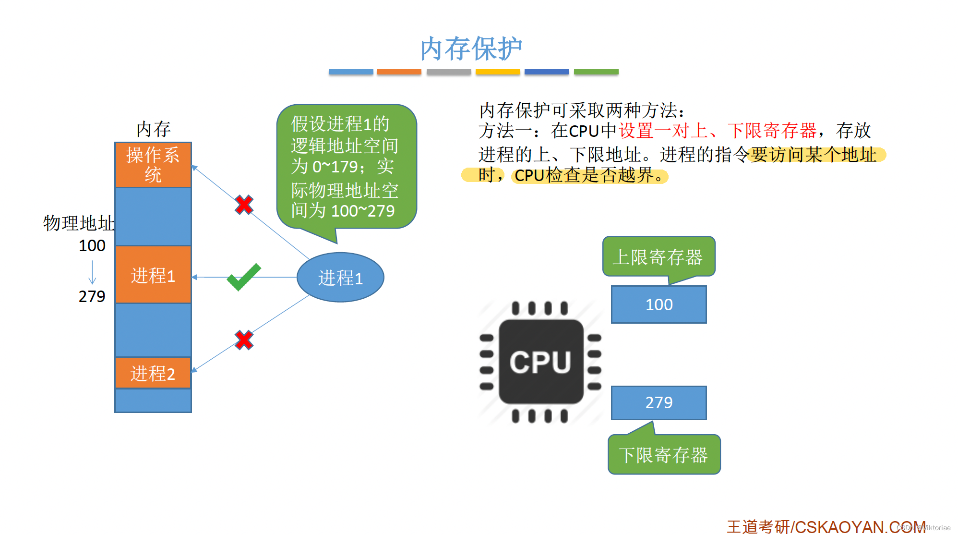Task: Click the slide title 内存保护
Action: tap(471, 49)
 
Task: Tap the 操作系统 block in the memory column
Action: tap(153, 165)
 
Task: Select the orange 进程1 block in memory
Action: tap(153, 275)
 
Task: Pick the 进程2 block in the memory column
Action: tap(153, 373)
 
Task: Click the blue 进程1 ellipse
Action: tap(340, 278)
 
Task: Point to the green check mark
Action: tap(244, 277)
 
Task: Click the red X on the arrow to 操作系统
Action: tap(244, 205)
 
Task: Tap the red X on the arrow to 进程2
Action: tap(244, 340)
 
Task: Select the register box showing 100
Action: tap(659, 304)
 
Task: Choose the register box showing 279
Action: tap(659, 402)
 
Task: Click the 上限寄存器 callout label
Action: tap(658, 257)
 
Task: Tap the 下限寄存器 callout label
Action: tap(663, 455)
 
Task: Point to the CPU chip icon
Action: tap(540, 362)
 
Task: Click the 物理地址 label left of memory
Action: tap(79, 223)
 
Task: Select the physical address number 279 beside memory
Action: tap(92, 296)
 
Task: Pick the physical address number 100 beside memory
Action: tap(92, 245)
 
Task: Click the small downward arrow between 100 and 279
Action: tap(92, 272)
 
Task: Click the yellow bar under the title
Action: tap(498, 72)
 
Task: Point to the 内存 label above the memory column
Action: tap(153, 129)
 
